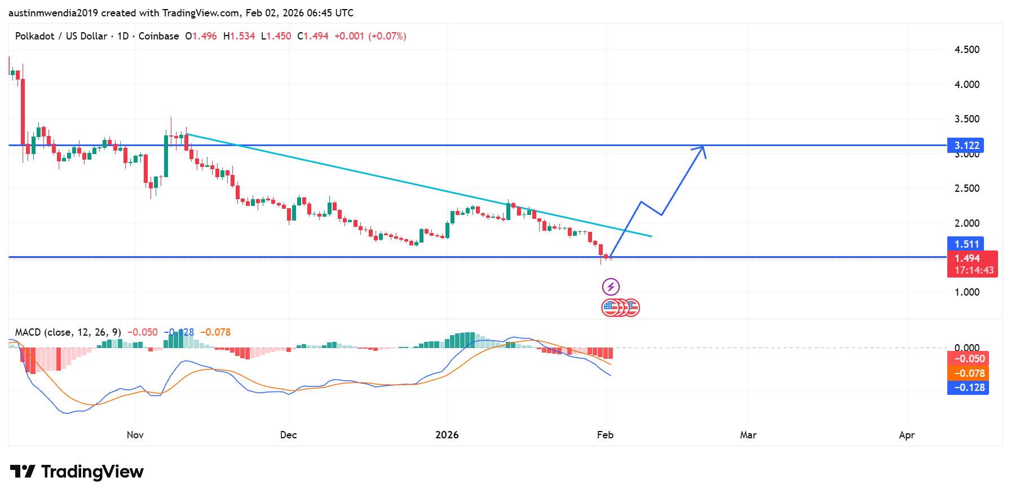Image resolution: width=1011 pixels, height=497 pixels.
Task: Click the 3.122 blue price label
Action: (966, 146)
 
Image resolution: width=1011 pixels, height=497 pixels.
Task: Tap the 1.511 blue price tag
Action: (966, 244)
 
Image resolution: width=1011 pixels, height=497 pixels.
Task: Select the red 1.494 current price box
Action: (973, 264)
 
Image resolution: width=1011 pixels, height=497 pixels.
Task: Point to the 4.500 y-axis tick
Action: (966, 50)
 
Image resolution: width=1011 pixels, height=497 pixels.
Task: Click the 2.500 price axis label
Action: (966, 188)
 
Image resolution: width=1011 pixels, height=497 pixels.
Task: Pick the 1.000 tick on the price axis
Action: (966, 292)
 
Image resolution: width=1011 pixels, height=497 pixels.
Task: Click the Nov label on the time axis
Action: (135, 435)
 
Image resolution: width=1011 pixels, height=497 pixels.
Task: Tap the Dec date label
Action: (288, 435)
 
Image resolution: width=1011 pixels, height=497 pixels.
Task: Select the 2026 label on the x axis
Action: (447, 435)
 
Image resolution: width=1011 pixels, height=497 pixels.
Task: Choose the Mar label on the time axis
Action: (748, 435)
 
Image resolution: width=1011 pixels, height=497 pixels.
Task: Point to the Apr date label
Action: (907, 435)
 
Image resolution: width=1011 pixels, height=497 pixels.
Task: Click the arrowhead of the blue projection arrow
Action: (702, 148)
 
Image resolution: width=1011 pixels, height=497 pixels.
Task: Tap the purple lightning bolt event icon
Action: (611, 287)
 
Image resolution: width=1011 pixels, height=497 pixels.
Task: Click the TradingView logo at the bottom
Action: (77, 472)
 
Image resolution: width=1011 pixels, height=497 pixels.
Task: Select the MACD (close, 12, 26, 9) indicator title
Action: (68, 332)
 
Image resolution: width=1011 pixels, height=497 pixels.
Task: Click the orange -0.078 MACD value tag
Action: (968, 373)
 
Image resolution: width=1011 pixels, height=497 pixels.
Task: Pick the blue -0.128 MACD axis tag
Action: (968, 388)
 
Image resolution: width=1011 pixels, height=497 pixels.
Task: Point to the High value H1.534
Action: (239, 36)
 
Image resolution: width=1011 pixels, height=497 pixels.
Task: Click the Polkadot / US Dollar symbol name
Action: (61, 36)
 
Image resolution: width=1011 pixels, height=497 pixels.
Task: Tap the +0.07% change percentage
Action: (387, 36)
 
